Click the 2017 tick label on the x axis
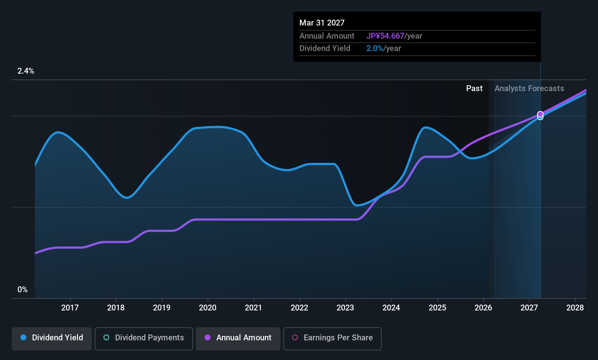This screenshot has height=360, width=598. pyautogui.click(x=70, y=308)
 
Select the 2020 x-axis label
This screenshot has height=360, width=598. pyautogui.click(x=208, y=308)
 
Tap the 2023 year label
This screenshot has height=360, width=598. pyautogui.click(x=346, y=308)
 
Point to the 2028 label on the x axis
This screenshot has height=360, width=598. pyautogui.click(x=575, y=308)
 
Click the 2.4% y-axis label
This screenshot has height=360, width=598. pyautogui.click(x=26, y=71)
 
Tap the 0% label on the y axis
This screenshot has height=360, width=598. pyautogui.click(x=23, y=290)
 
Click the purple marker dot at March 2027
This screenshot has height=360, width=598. pyautogui.click(x=540, y=114)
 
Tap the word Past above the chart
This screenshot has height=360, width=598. pyautogui.click(x=475, y=89)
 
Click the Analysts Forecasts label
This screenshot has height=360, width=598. pyautogui.click(x=529, y=89)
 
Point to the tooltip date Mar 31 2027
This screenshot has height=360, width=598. pyautogui.click(x=322, y=23)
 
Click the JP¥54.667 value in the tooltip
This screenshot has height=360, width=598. pyautogui.click(x=385, y=36)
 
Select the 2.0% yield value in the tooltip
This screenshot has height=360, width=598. pyautogui.click(x=374, y=48)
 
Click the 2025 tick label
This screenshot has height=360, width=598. pyautogui.click(x=437, y=308)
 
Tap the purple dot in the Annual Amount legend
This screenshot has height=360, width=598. pyautogui.click(x=208, y=337)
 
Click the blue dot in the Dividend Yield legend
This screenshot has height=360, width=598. pyautogui.click(x=23, y=337)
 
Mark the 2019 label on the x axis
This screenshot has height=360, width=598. pyautogui.click(x=162, y=308)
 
